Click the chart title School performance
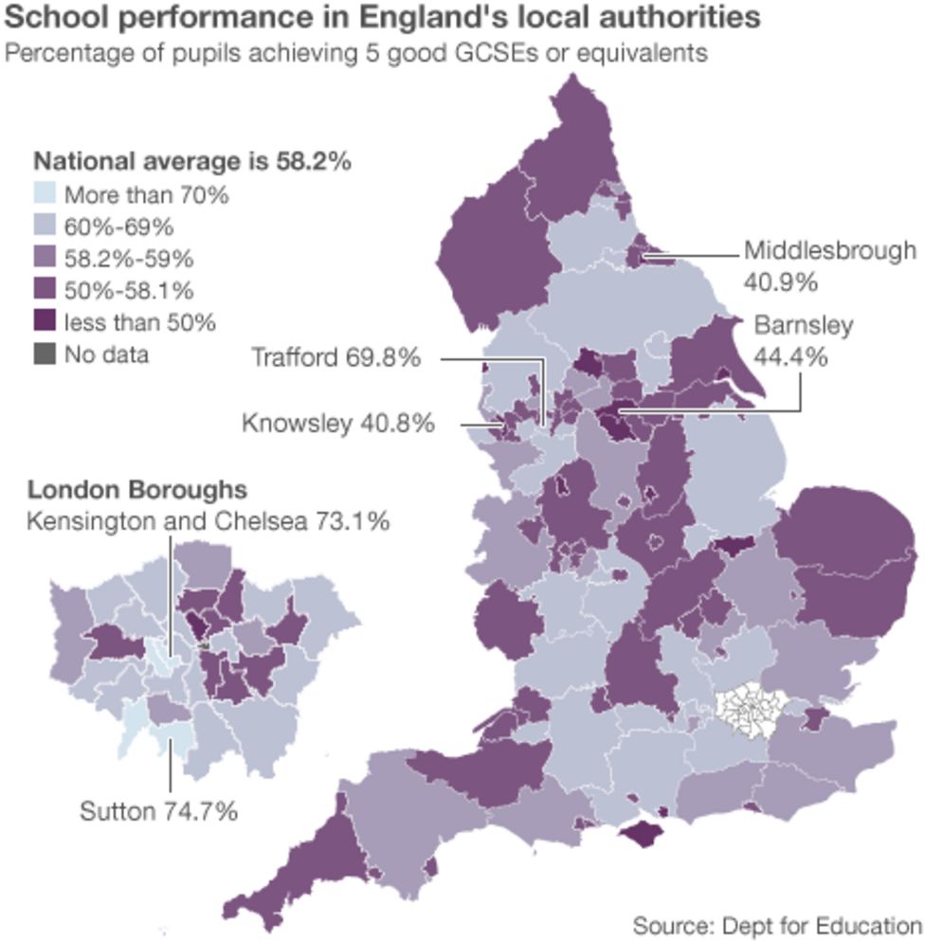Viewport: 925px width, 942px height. [x=382, y=19]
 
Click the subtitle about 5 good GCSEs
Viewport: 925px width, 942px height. [x=356, y=53]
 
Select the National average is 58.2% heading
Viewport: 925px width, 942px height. [x=192, y=162]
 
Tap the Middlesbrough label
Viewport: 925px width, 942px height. [x=829, y=251]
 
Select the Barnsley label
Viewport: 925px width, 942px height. [x=803, y=326]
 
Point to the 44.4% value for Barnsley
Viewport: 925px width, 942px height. [x=790, y=357]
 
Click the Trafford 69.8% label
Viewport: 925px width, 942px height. [x=336, y=358]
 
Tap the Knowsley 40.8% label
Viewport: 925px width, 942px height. [x=338, y=423]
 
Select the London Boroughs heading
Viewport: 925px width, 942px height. [x=137, y=490]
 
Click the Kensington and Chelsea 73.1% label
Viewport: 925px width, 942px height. [x=208, y=522]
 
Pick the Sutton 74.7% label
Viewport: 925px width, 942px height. [x=158, y=811]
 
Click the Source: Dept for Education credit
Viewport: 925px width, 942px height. [x=776, y=924]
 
